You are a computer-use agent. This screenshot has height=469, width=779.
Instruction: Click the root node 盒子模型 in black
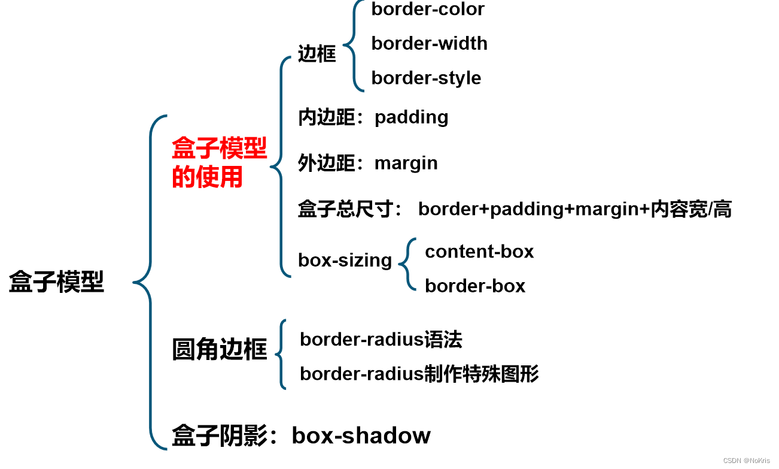click(57, 282)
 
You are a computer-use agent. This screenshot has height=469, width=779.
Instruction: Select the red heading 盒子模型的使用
click(219, 162)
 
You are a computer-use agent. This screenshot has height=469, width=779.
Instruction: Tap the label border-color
click(428, 10)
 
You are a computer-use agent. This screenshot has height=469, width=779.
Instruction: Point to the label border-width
click(429, 43)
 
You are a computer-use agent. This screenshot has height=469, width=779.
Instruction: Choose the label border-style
click(426, 78)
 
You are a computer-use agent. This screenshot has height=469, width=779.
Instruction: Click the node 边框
click(317, 55)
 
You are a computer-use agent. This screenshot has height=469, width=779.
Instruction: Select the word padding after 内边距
click(412, 117)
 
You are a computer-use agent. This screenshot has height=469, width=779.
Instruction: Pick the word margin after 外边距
click(406, 163)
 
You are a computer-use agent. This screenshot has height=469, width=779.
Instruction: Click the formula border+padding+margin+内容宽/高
click(574, 209)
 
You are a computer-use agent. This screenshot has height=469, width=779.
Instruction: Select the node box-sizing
click(345, 260)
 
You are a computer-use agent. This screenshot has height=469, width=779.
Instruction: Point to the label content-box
click(479, 252)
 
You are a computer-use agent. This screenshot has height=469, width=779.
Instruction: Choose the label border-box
click(475, 286)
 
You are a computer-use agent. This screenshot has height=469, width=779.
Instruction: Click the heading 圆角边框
click(219, 349)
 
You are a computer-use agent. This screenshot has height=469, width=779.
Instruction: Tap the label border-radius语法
click(381, 340)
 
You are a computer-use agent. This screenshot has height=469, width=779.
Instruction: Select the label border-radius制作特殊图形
click(419, 374)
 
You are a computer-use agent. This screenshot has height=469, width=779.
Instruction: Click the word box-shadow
click(361, 435)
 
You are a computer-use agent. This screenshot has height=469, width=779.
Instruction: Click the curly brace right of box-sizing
click(407, 264)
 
